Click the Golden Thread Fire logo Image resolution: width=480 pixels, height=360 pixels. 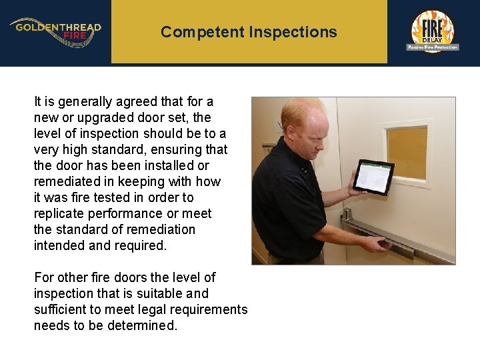click(55, 31)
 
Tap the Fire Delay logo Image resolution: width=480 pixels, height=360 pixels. click(432, 31)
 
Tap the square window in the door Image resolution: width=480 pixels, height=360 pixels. click(407, 153)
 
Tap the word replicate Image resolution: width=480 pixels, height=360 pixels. click(59, 213)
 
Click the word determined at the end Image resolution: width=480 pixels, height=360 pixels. click(144, 325)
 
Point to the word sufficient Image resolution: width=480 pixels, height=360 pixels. click(60, 309)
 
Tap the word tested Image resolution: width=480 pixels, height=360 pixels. click(143, 197)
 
